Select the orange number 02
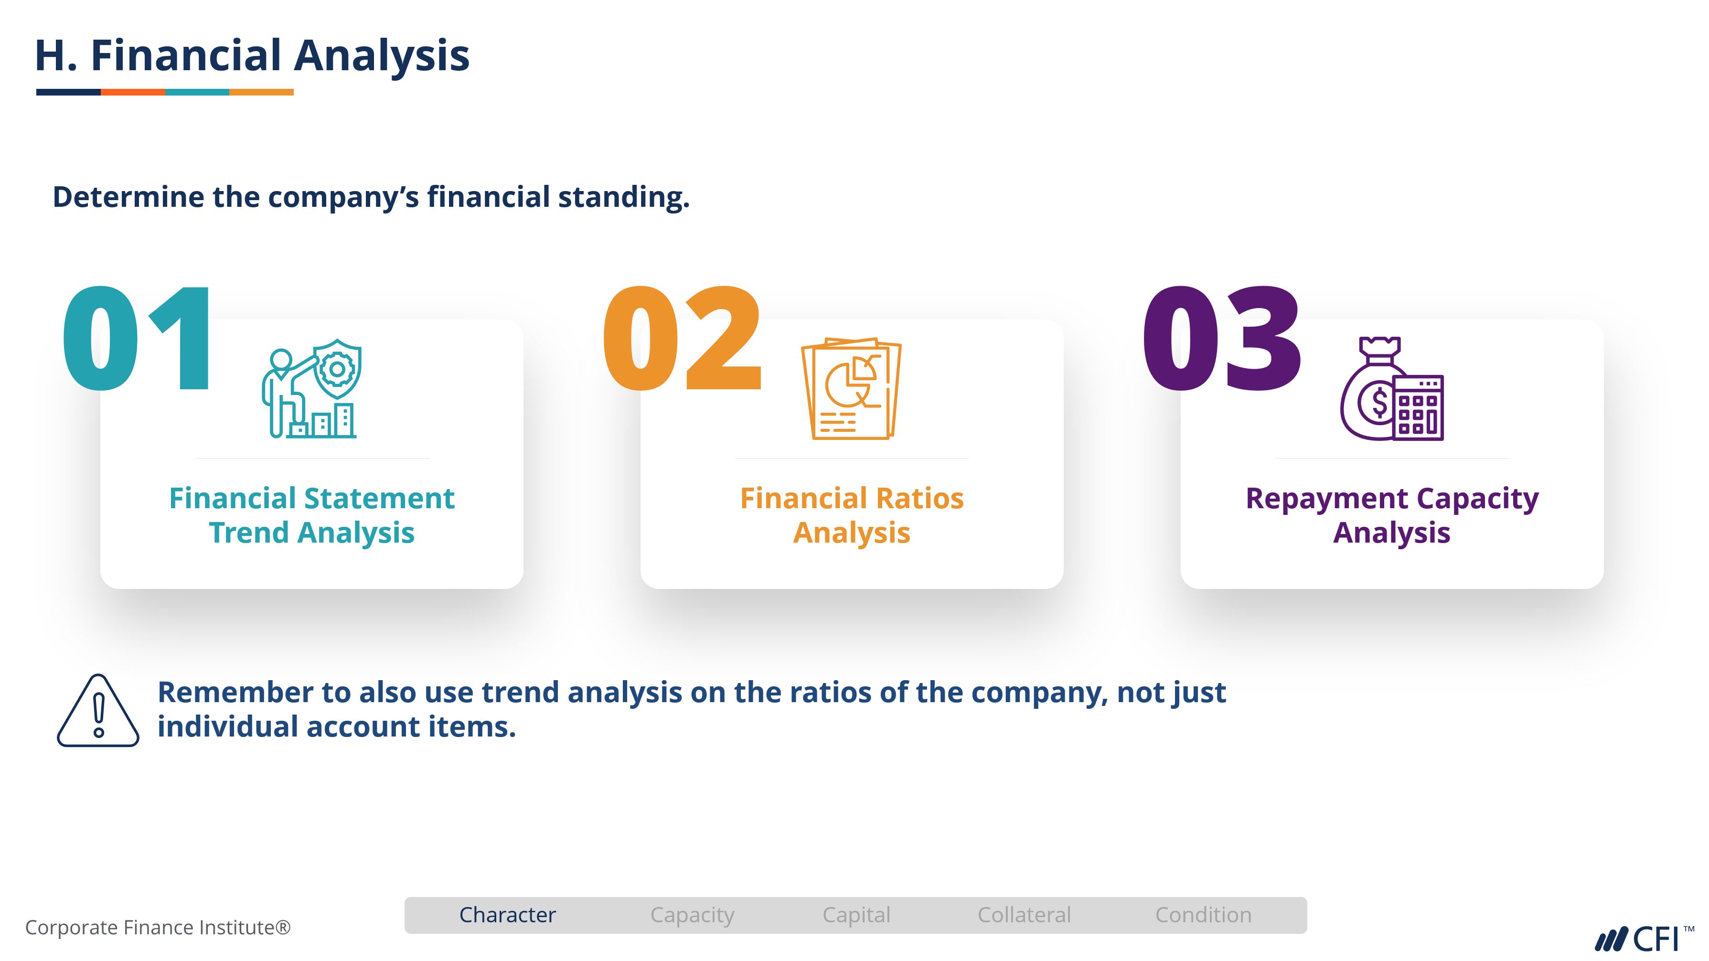682,338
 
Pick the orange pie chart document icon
851,389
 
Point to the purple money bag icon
1392,389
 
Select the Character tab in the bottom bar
508,915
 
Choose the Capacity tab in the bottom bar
692,915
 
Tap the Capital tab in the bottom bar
856,915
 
